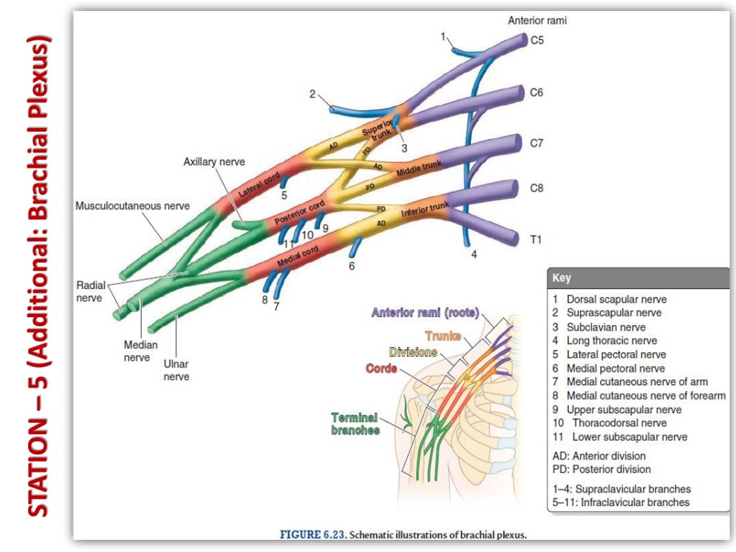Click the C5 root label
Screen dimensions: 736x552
tap(537, 40)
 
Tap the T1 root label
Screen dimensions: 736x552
tap(536, 239)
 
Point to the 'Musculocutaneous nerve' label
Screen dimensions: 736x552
tap(133, 206)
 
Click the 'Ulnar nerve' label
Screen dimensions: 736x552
tap(176, 370)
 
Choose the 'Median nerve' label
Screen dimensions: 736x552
tap(140, 351)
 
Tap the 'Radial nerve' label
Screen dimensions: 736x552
tap(91, 292)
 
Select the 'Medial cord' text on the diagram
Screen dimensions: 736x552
tap(298, 256)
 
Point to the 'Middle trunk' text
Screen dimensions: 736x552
tap(419, 168)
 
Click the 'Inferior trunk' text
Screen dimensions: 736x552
tap(425, 209)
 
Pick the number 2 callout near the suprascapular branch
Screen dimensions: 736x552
tap(312, 94)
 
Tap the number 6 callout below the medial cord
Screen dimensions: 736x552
tap(352, 266)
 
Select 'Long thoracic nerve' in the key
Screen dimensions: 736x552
tap(612, 340)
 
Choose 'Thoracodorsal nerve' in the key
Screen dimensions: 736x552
tap(619, 423)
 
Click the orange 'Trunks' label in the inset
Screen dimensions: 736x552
tap(443, 336)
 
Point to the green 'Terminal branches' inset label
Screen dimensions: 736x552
tap(355, 424)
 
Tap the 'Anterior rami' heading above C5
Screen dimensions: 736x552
tap(537, 21)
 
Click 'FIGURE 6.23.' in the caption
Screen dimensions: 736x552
tap(313, 535)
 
